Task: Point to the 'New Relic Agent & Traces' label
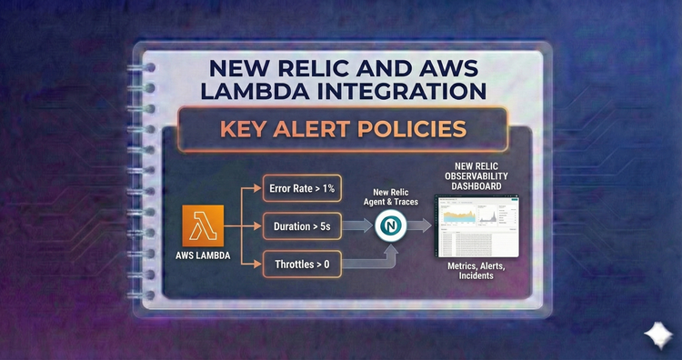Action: coord(392,196)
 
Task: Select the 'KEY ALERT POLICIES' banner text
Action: coord(342,128)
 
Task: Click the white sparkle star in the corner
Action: coord(655,335)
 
